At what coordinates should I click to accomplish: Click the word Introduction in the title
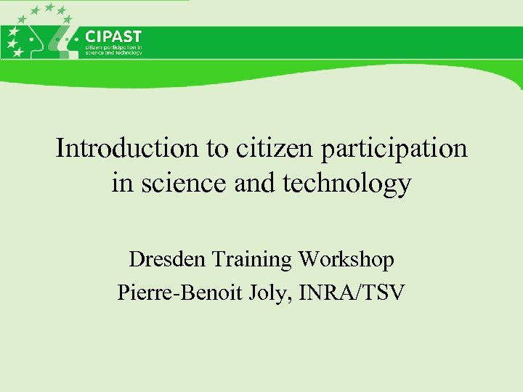pos(129,149)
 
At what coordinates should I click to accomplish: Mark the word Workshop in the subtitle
pos(346,259)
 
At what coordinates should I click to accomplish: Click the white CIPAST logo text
pos(113,36)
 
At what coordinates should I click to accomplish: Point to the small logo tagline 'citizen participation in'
pos(113,48)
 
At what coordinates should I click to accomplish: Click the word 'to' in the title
pos(216,149)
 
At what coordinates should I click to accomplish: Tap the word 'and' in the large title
pos(251,184)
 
